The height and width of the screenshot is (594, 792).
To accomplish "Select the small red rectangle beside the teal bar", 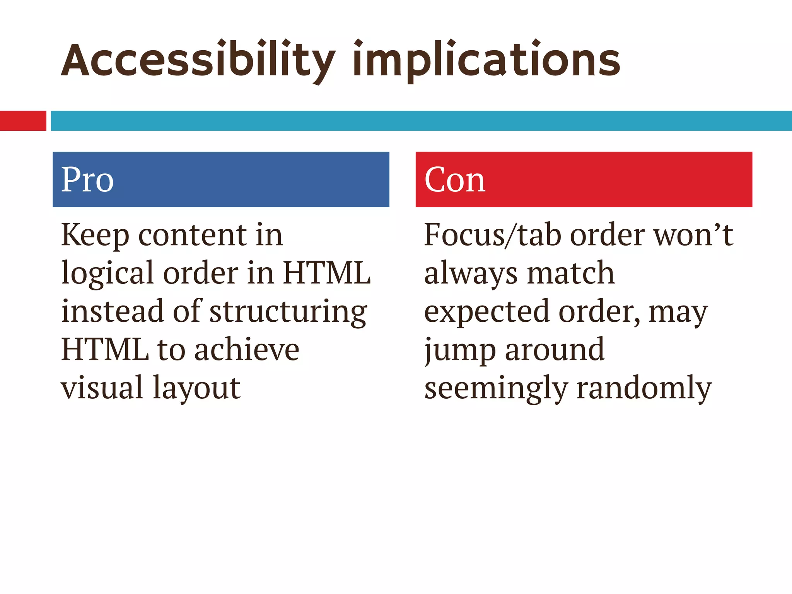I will click(23, 121).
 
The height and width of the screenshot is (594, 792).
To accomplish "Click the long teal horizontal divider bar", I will click(421, 121).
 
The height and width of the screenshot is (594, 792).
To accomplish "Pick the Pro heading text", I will click(87, 180).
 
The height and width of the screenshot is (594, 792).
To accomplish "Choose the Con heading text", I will click(455, 180).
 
